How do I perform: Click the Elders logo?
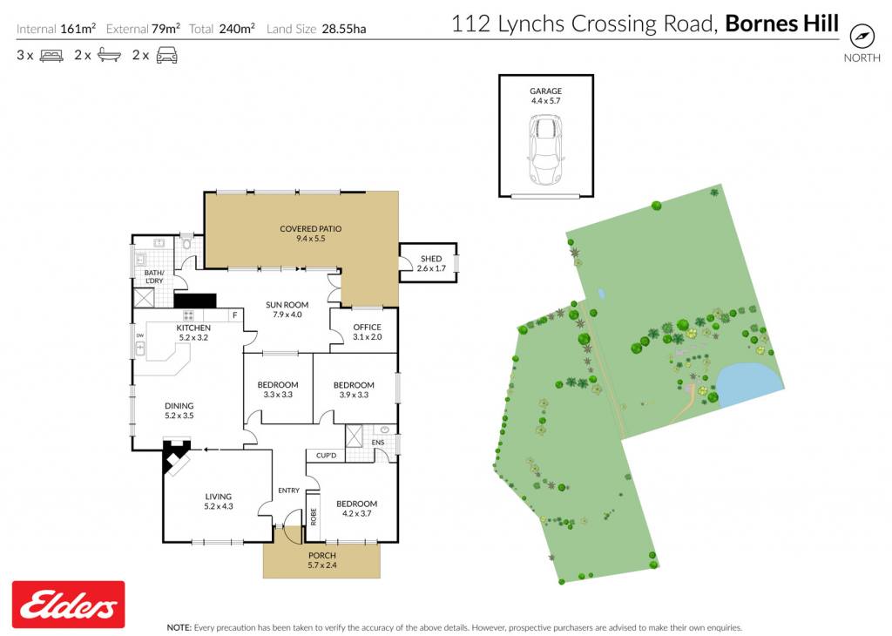(68, 604)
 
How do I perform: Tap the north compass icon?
(862, 37)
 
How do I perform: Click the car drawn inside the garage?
(546, 150)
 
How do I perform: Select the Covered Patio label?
(311, 233)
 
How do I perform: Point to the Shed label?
(431, 263)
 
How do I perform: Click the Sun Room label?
(287, 309)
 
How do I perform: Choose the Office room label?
(367, 332)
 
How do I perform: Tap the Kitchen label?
(193, 332)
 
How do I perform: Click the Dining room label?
(179, 410)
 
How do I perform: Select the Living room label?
(219, 501)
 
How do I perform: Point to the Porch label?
(322, 560)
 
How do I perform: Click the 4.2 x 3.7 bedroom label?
(356, 508)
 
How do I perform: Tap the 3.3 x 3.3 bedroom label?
(278, 389)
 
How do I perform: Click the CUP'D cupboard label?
(326, 455)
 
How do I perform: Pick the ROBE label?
(313, 517)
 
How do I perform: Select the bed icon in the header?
(51, 56)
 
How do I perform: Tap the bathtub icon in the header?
(109, 55)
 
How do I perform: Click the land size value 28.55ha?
(343, 29)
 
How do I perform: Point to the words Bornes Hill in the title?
(781, 24)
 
